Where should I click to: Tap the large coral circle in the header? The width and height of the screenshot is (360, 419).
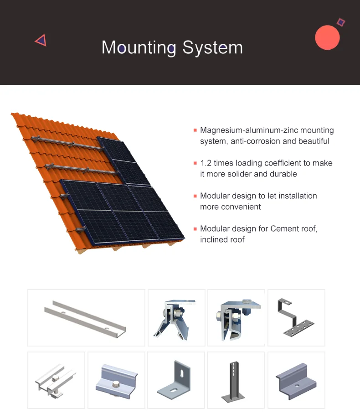click(x=327, y=37)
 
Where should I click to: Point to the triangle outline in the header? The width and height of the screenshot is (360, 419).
click(x=41, y=41)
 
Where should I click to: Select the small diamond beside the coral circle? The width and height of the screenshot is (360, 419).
click(x=341, y=22)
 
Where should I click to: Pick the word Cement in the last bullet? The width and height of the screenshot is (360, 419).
click(x=285, y=229)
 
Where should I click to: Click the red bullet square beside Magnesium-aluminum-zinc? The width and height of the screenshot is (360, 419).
click(x=195, y=130)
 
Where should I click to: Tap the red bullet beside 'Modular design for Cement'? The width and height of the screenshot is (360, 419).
click(x=195, y=229)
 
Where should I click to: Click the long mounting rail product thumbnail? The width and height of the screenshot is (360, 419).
click(x=86, y=318)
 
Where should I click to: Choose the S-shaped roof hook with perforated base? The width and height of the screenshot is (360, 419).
click(x=296, y=318)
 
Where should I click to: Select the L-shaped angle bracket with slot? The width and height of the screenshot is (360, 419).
click(x=176, y=380)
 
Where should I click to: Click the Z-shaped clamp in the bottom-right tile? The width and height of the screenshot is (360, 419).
click(x=296, y=380)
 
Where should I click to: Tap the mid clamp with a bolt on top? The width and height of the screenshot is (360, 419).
click(x=116, y=380)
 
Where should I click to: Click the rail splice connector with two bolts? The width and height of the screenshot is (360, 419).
click(x=56, y=380)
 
